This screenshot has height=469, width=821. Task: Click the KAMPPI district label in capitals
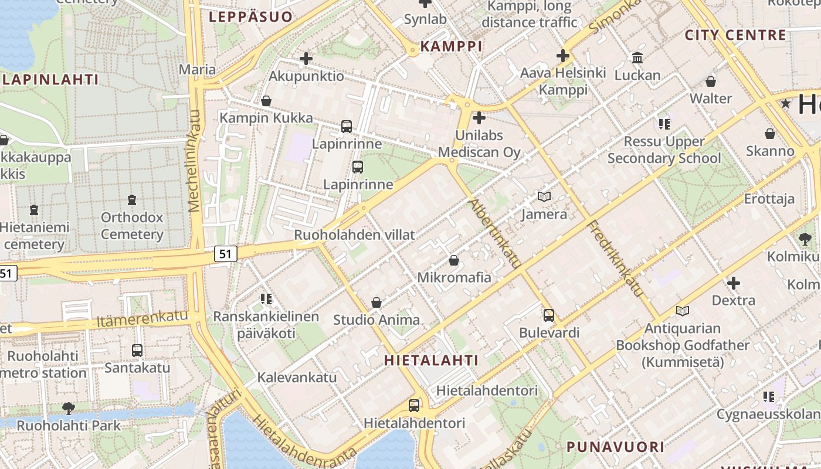tap(451, 46)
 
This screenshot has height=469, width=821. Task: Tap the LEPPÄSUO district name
tap(250, 17)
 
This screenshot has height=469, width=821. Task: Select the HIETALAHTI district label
tap(431, 360)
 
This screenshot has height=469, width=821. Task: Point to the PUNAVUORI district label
tap(615, 447)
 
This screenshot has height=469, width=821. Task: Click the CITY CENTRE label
tap(735, 35)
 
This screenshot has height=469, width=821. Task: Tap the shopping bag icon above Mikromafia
tap(454, 260)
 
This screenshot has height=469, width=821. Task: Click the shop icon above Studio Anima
tap(376, 303)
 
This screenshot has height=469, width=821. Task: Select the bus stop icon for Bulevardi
tap(549, 315)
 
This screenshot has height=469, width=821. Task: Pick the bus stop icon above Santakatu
tap(137, 351)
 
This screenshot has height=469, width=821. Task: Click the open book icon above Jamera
tap(544, 197)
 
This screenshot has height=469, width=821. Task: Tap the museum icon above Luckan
tap(637, 57)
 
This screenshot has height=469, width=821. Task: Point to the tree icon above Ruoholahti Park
tap(69, 408)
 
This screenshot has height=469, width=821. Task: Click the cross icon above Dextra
tap(733, 284)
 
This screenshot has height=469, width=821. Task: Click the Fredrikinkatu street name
tap(615, 258)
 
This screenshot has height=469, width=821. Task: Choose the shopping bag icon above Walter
tap(711, 81)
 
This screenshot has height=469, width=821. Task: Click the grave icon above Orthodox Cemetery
tap(132, 200)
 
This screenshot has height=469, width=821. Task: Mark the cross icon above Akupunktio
tap(306, 59)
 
